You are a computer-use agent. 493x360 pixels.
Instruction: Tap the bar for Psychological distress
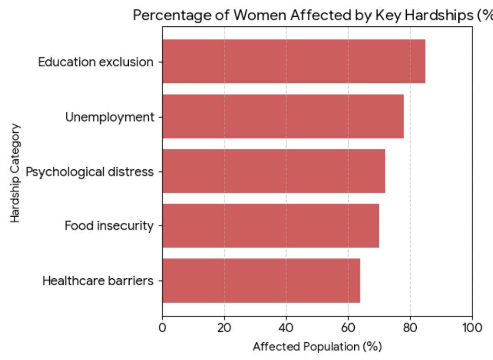273,171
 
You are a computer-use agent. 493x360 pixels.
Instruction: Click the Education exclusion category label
95,62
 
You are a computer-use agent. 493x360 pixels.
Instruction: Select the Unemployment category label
110,117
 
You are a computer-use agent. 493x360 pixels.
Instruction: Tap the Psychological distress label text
89,172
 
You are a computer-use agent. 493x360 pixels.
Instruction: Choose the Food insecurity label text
109,226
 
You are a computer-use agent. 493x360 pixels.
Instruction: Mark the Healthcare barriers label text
98,281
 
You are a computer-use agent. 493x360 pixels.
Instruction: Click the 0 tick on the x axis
163,328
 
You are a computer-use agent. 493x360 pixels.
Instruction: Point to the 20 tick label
224,328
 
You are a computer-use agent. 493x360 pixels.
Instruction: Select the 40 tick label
286,328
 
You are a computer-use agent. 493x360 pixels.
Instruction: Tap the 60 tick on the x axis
348,328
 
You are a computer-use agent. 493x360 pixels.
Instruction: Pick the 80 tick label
410,328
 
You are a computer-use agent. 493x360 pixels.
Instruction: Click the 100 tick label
472,328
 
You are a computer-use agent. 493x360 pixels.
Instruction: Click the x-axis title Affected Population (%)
317,347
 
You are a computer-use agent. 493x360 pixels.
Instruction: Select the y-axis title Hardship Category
16,172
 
